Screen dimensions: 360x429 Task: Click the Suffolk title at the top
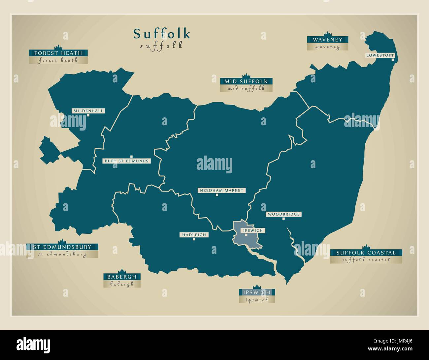(x=162, y=34)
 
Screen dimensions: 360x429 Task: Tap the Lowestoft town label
(x=380, y=55)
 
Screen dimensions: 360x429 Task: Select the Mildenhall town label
(x=88, y=111)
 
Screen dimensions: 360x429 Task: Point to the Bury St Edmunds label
(x=126, y=161)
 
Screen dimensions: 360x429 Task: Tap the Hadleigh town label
(x=194, y=235)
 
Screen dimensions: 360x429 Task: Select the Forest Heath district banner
(x=58, y=53)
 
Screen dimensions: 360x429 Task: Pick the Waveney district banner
(x=327, y=40)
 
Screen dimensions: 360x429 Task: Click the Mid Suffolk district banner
(x=246, y=81)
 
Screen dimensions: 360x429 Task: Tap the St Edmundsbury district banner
(x=62, y=247)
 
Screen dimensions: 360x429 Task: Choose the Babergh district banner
(x=122, y=277)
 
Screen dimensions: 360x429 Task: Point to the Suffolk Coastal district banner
(x=366, y=253)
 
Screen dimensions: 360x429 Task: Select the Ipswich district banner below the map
(x=257, y=292)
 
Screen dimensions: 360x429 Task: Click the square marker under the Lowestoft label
(x=393, y=60)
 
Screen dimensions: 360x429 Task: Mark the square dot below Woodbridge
(x=283, y=219)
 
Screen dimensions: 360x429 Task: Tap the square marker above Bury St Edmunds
(x=131, y=157)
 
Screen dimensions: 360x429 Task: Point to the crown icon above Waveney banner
(x=327, y=34)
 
